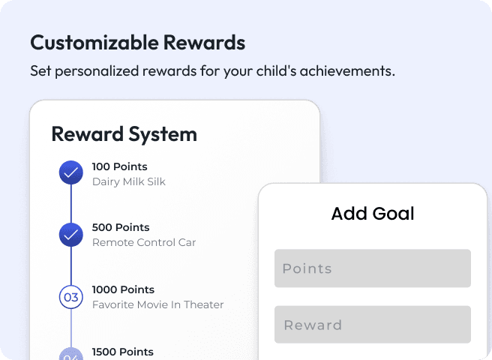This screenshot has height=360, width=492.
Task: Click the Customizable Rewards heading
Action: pyautogui.click(x=137, y=43)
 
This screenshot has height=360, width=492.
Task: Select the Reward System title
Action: pyautogui.click(x=124, y=134)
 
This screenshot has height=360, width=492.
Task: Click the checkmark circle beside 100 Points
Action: pyautogui.click(x=70, y=173)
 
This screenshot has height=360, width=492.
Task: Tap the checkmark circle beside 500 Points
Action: pyautogui.click(x=70, y=235)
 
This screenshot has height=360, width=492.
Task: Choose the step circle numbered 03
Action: pyautogui.click(x=70, y=297)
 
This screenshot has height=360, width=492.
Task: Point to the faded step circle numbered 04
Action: pyautogui.click(x=70, y=354)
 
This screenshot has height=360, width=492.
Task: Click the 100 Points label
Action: pyautogui.click(x=119, y=166)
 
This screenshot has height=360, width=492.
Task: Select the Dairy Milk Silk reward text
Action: pyautogui.click(x=128, y=181)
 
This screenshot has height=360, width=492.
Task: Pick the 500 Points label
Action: pyautogui.click(x=120, y=227)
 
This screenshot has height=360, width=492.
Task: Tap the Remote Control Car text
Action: pyautogui.click(x=144, y=242)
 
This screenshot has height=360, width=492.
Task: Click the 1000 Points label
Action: pyautogui.click(x=123, y=289)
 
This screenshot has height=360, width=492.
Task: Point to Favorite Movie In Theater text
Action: pyautogui.click(x=157, y=304)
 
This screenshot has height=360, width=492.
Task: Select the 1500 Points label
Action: pyautogui.click(x=122, y=352)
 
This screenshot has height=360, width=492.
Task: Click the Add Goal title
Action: pyautogui.click(x=373, y=214)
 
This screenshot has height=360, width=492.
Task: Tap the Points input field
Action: pyautogui.click(x=372, y=268)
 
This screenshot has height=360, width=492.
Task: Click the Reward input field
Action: pyautogui.click(x=372, y=325)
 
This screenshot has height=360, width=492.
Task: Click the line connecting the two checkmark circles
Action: pyautogui.click(x=70, y=204)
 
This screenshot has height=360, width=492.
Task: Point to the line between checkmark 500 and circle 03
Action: pyautogui.click(x=70, y=265)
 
